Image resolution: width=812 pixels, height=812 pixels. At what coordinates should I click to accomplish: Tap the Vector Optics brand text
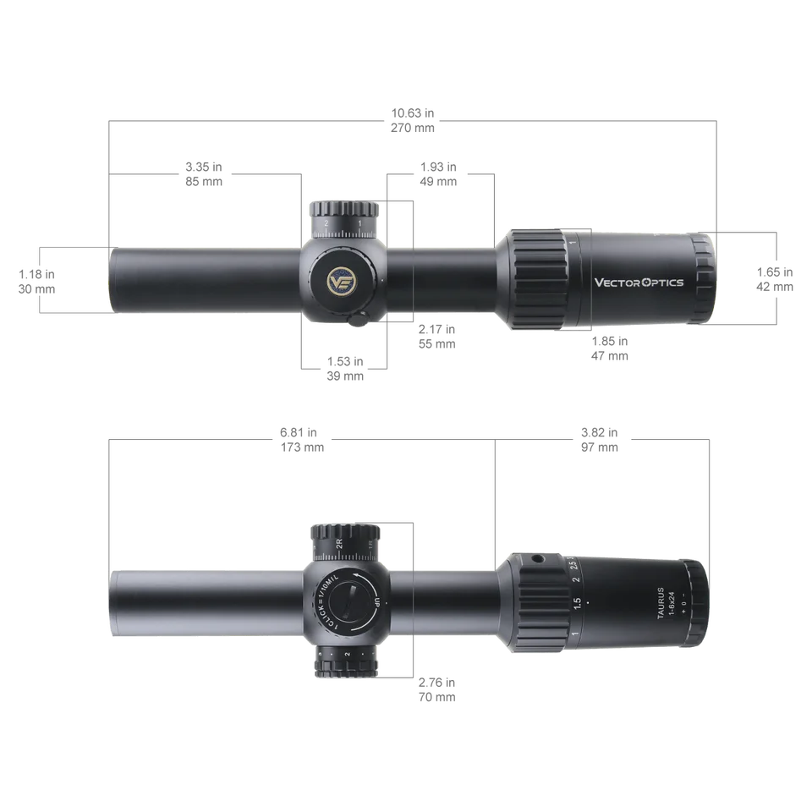point(639,283)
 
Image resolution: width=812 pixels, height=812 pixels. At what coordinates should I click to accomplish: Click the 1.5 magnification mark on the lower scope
point(578,603)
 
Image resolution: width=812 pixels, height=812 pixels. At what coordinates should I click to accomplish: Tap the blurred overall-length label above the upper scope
point(412,121)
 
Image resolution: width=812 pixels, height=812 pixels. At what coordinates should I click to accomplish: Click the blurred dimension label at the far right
point(776,279)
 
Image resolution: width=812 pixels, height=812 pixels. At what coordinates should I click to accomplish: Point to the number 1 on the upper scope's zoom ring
point(574,244)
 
